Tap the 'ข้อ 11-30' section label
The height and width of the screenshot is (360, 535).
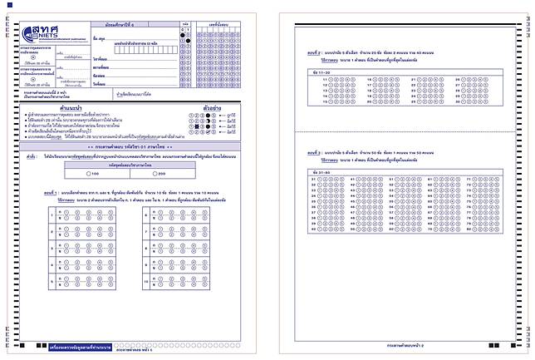coord(314,72)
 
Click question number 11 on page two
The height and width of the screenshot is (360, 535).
coord(312,80)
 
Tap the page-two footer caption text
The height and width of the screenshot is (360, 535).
coord(406,342)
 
